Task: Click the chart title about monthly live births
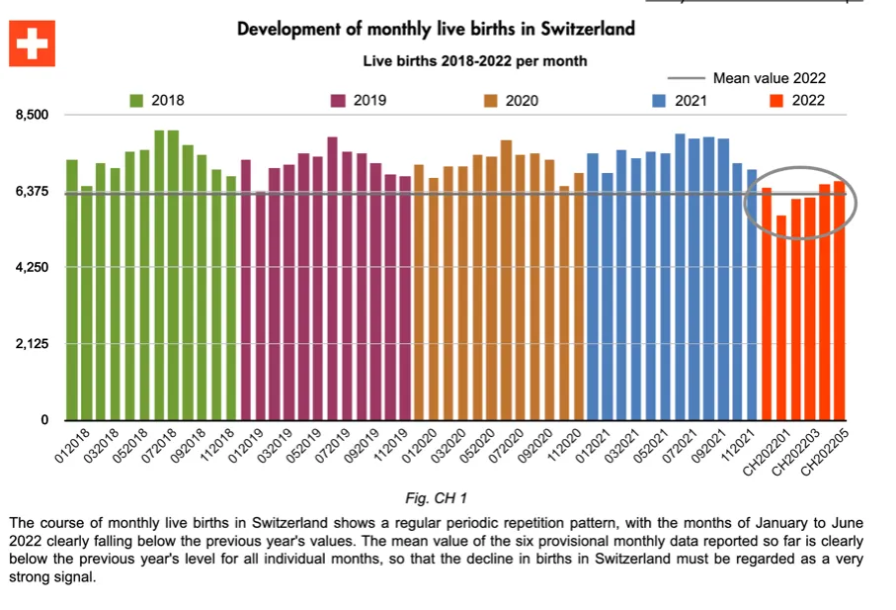click(436, 29)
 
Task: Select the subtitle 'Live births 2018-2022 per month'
click(474, 61)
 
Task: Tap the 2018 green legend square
click(136, 100)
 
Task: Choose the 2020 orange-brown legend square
click(490, 100)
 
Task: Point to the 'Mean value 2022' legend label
click(769, 78)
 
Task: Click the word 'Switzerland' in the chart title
click(582, 29)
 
